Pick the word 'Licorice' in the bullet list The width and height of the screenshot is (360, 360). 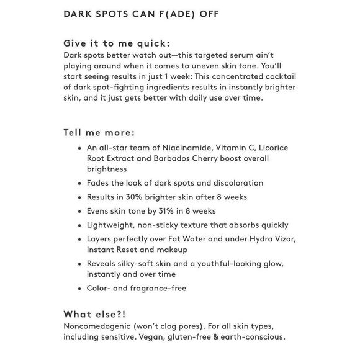[x=269, y=148]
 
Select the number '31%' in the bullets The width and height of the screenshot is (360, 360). [x=158, y=211]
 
